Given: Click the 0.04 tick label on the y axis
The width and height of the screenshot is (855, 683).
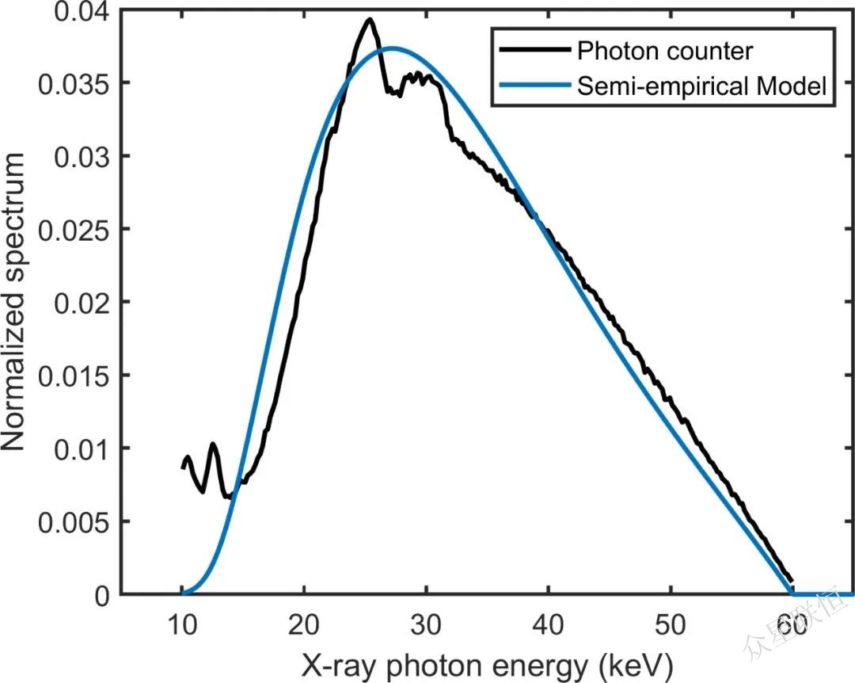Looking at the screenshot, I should point(82,11).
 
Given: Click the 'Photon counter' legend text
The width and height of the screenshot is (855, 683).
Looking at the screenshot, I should point(665,52).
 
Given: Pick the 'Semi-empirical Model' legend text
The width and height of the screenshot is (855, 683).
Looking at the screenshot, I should point(703,86).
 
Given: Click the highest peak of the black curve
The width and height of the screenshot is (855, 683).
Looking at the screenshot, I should point(369,19).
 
